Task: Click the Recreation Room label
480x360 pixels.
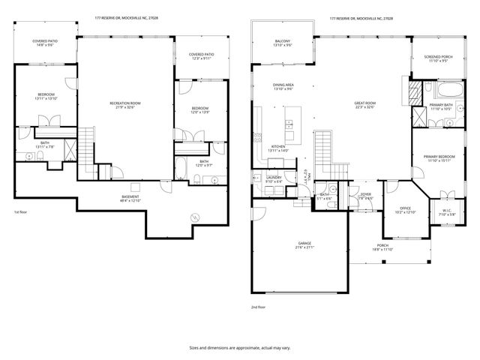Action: pyautogui.click(x=125, y=104)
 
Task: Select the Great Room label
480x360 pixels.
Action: pyautogui.click(x=364, y=105)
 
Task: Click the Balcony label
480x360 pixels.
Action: pyautogui.click(x=282, y=43)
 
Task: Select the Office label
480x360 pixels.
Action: pyautogui.click(x=405, y=210)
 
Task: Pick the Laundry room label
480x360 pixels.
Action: pyautogui.click(x=274, y=179)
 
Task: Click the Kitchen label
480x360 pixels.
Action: pyautogui.click(x=278, y=148)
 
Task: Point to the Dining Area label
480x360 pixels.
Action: pyautogui.click(x=282, y=87)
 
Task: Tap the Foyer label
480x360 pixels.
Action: pyautogui.click(x=365, y=196)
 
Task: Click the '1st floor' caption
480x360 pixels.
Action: pyautogui.click(x=20, y=212)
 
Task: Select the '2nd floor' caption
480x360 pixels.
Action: pyautogui.click(x=258, y=307)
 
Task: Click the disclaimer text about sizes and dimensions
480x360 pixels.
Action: pyautogui.click(x=240, y=348)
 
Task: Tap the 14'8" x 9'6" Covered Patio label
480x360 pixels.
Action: pyautogui.click(x=46, y=43)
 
